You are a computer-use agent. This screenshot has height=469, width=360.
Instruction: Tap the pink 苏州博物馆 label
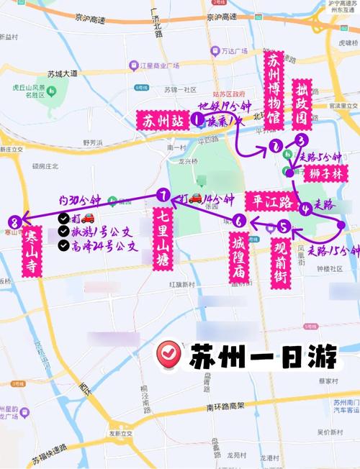pyautogui.click(x=273, y=93)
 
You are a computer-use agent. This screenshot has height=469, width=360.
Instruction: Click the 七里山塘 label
pyautogui.click(x=163, y=240)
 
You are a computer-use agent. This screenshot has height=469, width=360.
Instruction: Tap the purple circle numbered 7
pyautogui.click(x=164, y=195)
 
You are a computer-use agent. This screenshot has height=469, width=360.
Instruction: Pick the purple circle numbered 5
pyautogui.click(x=283, y=228)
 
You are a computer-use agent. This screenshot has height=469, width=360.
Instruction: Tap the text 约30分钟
pyautogui.click(x=84, y=200)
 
